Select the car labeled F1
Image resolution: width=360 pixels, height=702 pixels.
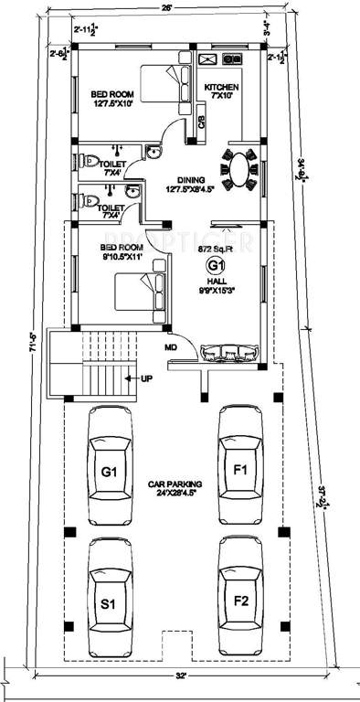(241, 469)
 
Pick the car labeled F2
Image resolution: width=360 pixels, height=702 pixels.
(241, 601)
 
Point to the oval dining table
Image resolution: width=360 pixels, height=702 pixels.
(239, 168)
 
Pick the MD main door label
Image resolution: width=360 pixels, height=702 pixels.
(170, 347)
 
